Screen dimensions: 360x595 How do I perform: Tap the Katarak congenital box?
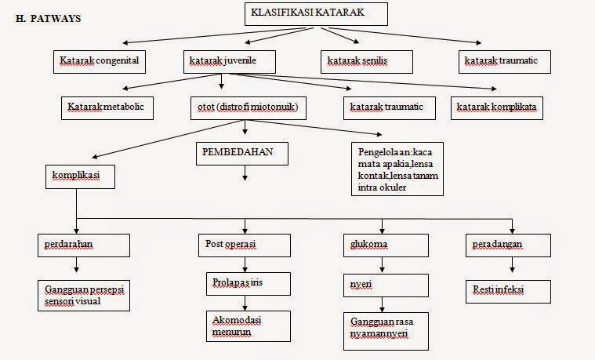[103, 60]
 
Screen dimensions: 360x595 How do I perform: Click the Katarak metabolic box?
[107, 106]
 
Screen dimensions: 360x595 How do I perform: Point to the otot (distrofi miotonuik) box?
[246, 106]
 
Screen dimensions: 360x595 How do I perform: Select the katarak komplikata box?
[497, 106]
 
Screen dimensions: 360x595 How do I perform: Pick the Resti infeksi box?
[508, 289]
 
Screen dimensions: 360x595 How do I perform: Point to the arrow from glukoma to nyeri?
[382, 264]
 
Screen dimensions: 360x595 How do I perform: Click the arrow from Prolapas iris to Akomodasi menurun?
[245, 302]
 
